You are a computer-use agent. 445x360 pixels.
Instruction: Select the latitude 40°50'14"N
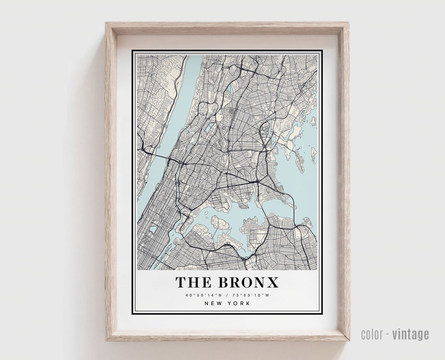(202, 295)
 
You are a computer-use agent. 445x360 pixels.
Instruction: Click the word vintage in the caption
(410, 334)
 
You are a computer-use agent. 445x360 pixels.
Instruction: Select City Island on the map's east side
(312, 155)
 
